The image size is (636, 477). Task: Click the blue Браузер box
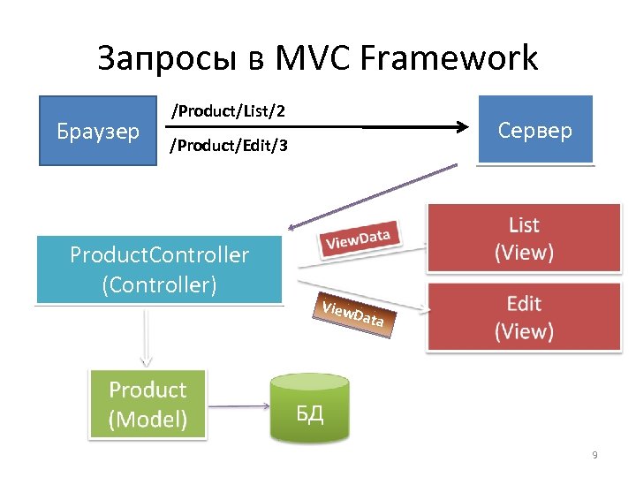pyautogui.click(x=98, y=132)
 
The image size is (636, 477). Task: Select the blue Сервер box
pyautogui.click(x=535, y=131)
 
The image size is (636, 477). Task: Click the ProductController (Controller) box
pyautogui.click(x=159, y=269)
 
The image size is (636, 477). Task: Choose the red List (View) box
pyautogui.click(x=524, y=238)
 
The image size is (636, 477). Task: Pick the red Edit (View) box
pyautogui.click(x=524, y=317)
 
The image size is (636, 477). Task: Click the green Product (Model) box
pyautogui.click(x=148, y=404)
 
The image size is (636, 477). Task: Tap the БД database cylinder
pyautogui.click(x=308, y=408)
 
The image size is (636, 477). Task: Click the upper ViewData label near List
pyautogui.click(x=360, y=236)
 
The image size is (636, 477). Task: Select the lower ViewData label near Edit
pyautogui.click(x=352, y=314)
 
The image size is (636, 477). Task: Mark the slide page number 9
pyautogui.click(x=594, y=455)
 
